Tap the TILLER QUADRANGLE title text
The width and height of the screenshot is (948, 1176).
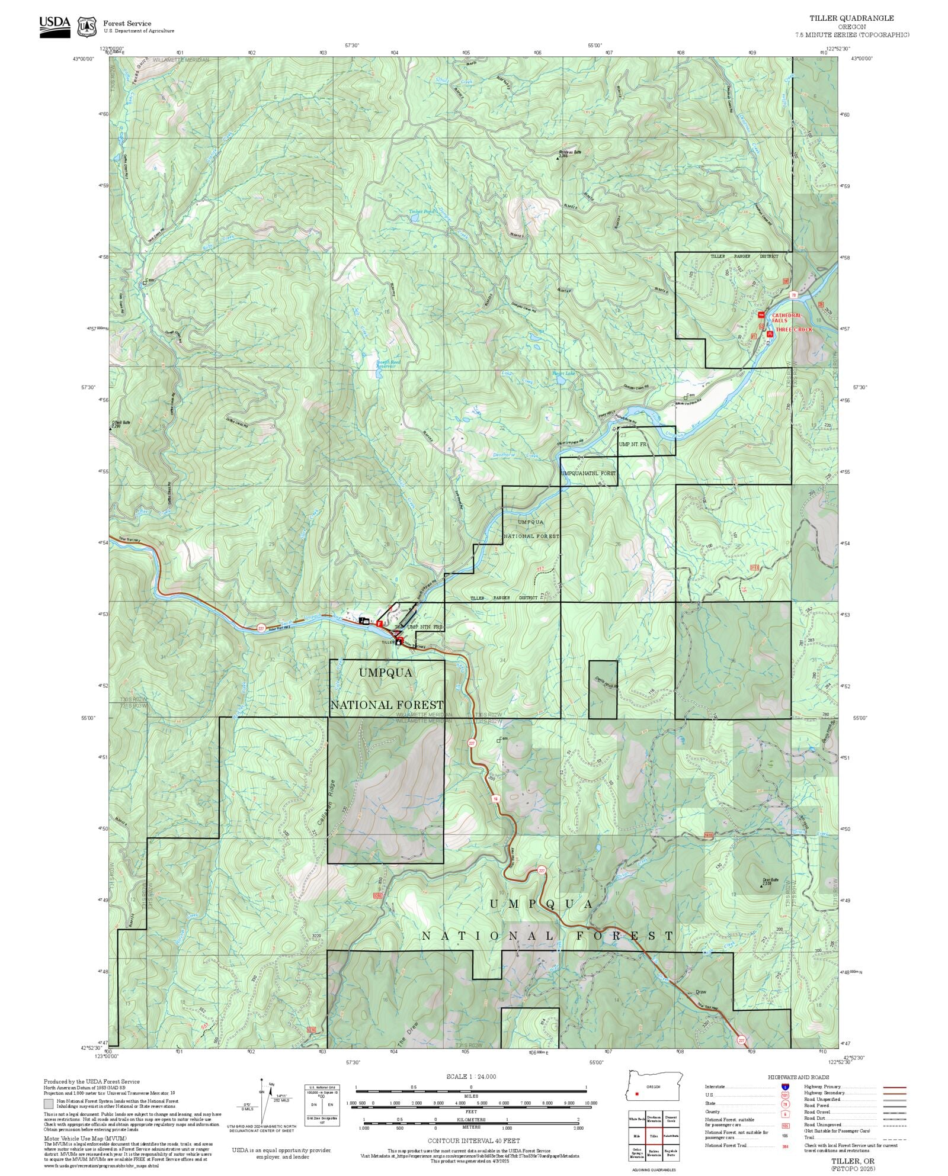[852, 18]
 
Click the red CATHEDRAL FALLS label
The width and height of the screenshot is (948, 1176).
[786, 318]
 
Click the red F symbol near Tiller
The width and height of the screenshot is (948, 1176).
[379, 624]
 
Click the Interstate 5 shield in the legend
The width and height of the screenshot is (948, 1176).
[785, 1087]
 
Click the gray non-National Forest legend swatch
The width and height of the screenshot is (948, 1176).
[48, 1104]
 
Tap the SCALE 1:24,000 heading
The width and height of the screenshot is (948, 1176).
[471, 1077]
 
